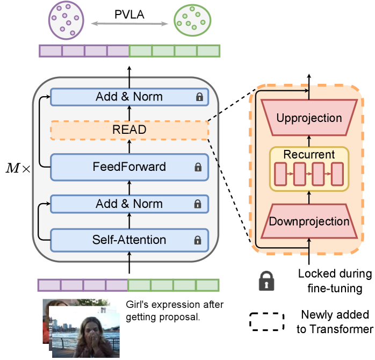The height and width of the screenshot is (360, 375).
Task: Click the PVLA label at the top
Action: coord(129,14)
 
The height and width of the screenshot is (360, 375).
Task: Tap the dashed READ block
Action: coord(129,130)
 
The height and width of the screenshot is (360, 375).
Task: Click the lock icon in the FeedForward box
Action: coord(198,168)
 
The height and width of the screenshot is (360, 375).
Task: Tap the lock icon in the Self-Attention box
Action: coord(198,240)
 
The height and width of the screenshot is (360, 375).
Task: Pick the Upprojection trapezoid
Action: coord(308,118)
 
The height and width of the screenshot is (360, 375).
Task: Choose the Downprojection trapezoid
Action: coord(308,221)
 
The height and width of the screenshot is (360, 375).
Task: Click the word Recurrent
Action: coord(309,155)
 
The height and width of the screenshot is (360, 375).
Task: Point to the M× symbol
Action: coord(16,168)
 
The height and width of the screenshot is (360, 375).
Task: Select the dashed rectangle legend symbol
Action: coord(267,320)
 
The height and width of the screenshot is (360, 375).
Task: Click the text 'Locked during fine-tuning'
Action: coord(335,281)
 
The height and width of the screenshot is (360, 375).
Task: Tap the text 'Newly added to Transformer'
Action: coord(335,321)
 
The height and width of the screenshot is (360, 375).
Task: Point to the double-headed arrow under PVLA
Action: coord(129,24)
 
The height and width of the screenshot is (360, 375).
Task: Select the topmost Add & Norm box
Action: coord(129,97)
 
